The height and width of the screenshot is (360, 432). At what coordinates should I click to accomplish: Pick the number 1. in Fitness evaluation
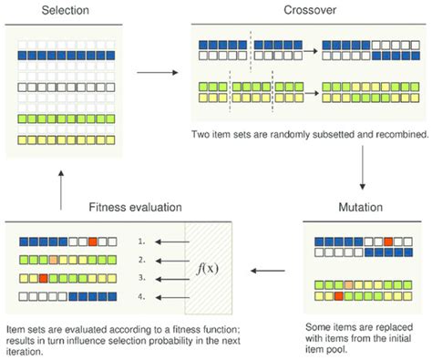pos(141,242)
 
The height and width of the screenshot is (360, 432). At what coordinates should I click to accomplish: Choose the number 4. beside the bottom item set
pos(141,296)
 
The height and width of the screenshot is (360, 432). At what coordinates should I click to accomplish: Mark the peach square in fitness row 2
pos(54,260)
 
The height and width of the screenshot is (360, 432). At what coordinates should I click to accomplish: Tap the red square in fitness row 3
pos(43,278)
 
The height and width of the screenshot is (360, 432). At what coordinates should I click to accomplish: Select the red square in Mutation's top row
pos(388,242)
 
